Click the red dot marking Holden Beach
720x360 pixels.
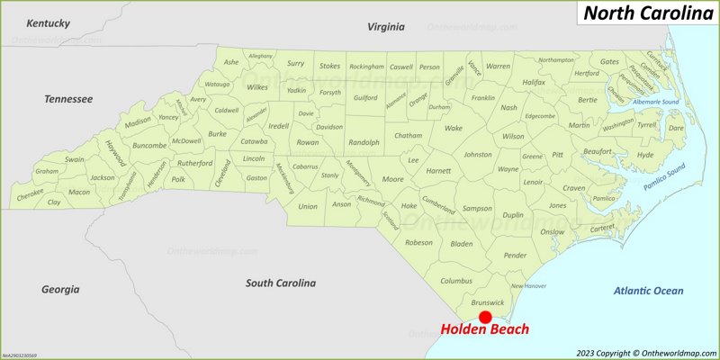(x=485, y=317)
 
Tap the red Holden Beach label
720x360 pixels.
(x=483, y=330)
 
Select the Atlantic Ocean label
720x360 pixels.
(x=648, y=291)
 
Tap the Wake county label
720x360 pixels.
(x=453, y=128)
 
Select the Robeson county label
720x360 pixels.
(x=418, y=242)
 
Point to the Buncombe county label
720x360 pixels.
(x=149, y=145)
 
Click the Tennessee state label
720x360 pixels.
(x=68, y=98)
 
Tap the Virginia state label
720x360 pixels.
(x=385, y=27)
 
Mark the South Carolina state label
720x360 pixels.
(x=281, y=283)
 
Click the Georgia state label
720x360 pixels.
(x=60, y=289)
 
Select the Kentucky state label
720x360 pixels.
(x=48, y=22)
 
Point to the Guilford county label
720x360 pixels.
(x=365, y=97)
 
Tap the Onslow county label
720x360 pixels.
(x=551, y=230)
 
